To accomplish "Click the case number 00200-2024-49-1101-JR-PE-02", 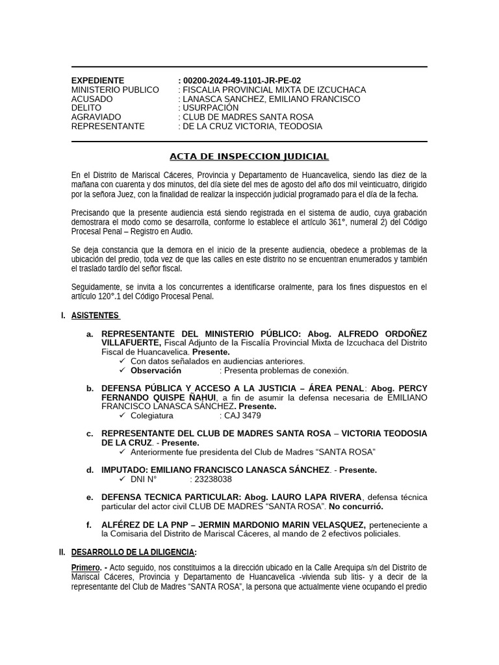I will (242, 81).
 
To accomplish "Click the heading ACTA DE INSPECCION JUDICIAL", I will (249, 157).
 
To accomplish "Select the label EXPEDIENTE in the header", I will (97, 81).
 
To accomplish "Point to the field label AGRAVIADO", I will (96, 117).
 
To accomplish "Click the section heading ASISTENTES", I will (95, 316).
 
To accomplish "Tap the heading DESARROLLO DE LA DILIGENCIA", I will (133, 552).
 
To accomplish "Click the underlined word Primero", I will (86, 568).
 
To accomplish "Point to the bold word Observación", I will (156, 371).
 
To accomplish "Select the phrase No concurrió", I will (356, 507).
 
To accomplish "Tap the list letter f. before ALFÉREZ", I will (89, 525).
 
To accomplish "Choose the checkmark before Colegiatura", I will (123, 416).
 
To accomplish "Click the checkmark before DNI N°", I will (123, 479).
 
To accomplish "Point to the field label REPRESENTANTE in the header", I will (108, 126).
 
